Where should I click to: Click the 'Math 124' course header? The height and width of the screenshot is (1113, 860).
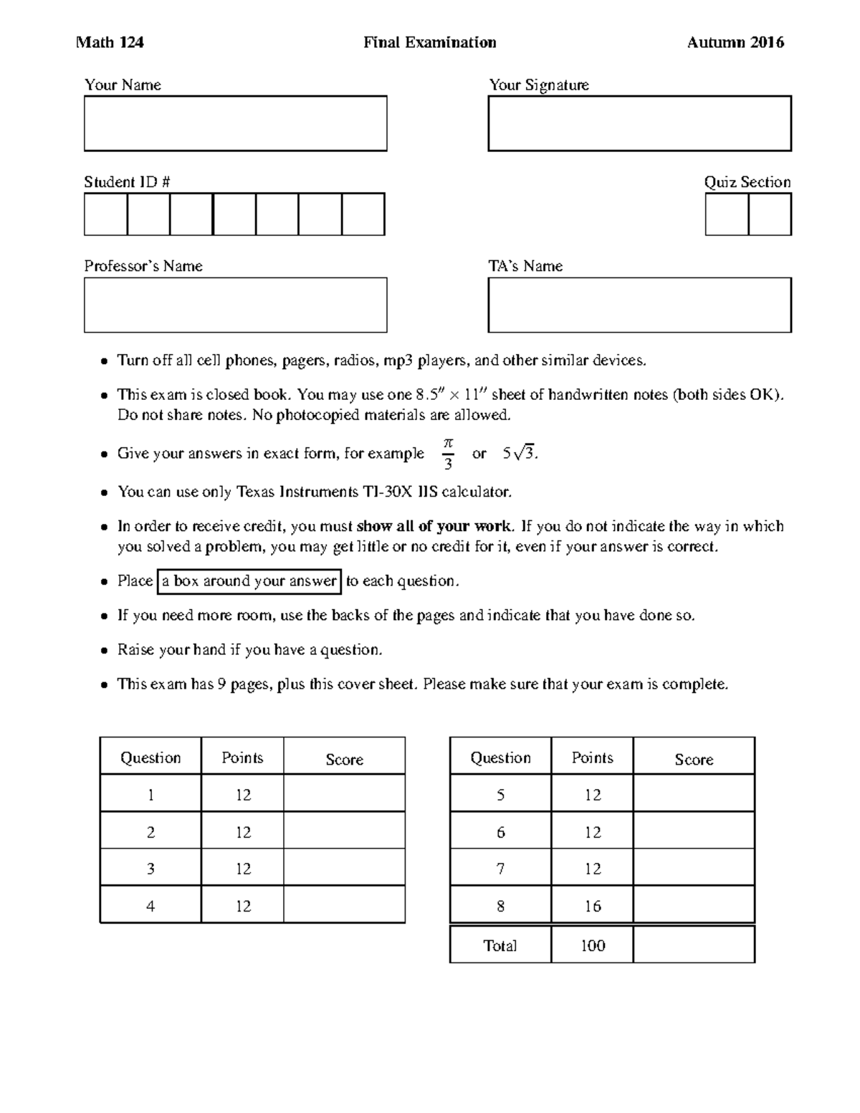[x=110, y=43]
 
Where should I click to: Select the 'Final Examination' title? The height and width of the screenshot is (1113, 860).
[x=429, y=43]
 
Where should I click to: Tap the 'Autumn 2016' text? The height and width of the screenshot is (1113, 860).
[x=735, y=43]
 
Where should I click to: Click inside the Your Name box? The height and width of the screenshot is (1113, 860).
[x=235, y=123]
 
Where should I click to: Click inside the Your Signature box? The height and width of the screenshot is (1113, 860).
[x=639, y=123]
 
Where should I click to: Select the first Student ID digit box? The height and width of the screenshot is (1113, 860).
[x=105, y=214]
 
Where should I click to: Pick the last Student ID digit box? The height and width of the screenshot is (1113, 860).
[x=363, y=214]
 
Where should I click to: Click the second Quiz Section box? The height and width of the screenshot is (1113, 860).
[x=770, y=214]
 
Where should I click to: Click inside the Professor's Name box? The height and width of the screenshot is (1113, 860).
[x=235, y=305]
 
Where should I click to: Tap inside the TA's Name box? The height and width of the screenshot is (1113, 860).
[x=639, y=305]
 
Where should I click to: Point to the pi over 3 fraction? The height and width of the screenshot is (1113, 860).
[x=448, y=454]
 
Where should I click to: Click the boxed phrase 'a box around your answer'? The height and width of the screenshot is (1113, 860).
[x=249, y=581]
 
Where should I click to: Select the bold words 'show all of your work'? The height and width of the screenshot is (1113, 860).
[x=434, y=527]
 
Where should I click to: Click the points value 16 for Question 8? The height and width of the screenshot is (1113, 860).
[x=592, y=907]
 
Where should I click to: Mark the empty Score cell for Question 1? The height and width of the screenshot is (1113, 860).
[x=344, y=794]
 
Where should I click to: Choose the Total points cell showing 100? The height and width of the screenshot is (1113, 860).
[x=592, y=946]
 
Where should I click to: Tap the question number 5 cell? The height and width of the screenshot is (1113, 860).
[x=500, y=795]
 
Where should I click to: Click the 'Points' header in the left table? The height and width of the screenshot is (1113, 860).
[x=242, y=758]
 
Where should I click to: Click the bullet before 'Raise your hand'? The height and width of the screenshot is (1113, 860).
[x=104, y=651]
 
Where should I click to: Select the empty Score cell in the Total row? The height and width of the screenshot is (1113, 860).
[x=694, y=945]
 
